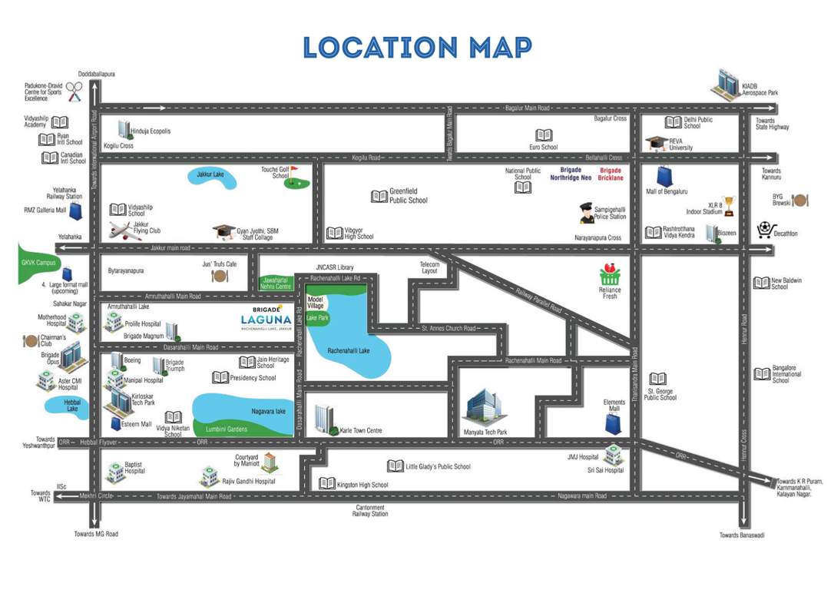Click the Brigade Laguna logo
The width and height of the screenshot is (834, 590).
coord(265,317)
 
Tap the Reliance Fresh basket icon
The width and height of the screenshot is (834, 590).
coord(611,274)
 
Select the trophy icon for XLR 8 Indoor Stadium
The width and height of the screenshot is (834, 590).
coord(729,204)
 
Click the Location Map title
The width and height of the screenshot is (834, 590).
coord(417,47)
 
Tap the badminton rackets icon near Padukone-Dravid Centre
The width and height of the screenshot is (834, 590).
coord(74,91)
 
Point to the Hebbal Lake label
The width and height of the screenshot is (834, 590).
coord(72,409)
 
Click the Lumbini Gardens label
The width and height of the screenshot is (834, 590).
coord(227,429)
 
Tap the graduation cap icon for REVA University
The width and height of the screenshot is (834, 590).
coord(657,144)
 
